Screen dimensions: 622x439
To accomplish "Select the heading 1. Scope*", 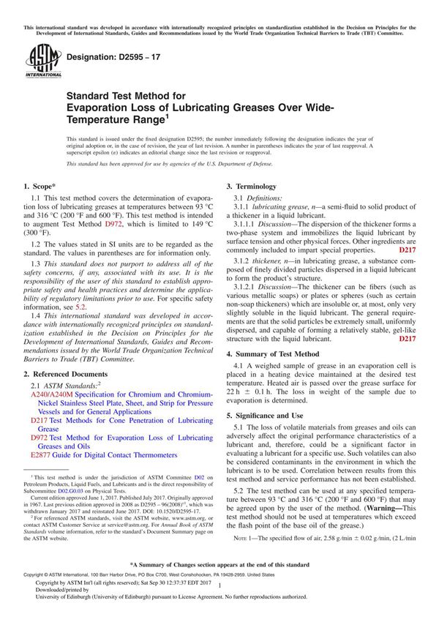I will pyautogui.click(x=45, y=187).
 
